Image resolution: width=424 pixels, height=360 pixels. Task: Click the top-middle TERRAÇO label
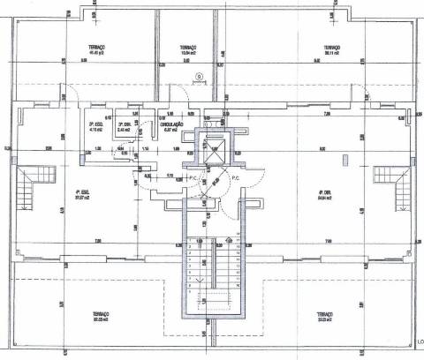click(186, 47)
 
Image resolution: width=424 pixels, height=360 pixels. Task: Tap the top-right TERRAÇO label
click(332, 47)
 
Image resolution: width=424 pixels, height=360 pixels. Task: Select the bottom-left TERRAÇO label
click(100, 313)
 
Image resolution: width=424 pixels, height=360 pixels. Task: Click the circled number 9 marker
click(199, 78)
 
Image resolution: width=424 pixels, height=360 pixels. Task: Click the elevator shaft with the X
click(214, 148)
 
